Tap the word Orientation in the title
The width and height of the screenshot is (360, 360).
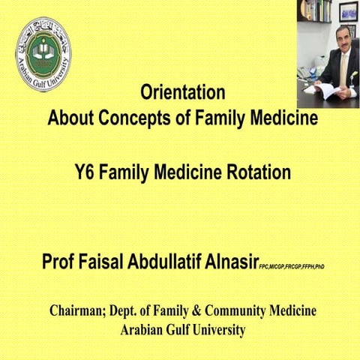183,94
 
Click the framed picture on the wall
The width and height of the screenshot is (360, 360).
349,11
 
